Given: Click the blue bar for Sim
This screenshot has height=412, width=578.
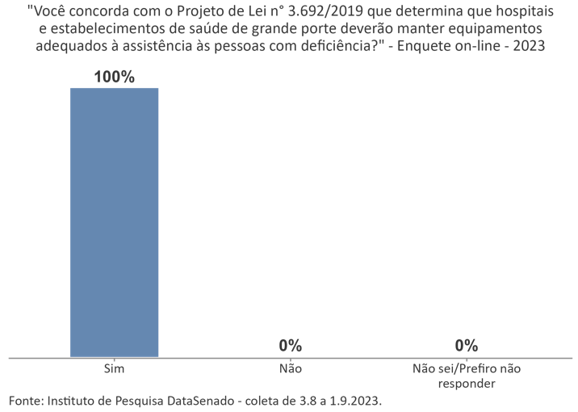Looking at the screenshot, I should coord(114,221).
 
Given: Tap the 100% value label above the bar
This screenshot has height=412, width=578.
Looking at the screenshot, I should coord(114,77).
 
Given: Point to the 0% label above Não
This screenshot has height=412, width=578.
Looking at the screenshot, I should coord(290,346).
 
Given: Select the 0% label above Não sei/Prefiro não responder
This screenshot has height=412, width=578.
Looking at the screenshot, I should coord(466,346).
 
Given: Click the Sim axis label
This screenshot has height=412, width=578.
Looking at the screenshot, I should coord(114,368).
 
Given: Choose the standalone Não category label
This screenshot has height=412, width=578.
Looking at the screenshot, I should coord(290,368).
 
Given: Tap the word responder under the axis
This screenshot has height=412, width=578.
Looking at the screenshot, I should coord(466,383).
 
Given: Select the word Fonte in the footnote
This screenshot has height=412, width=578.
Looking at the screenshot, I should coord(25,401).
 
